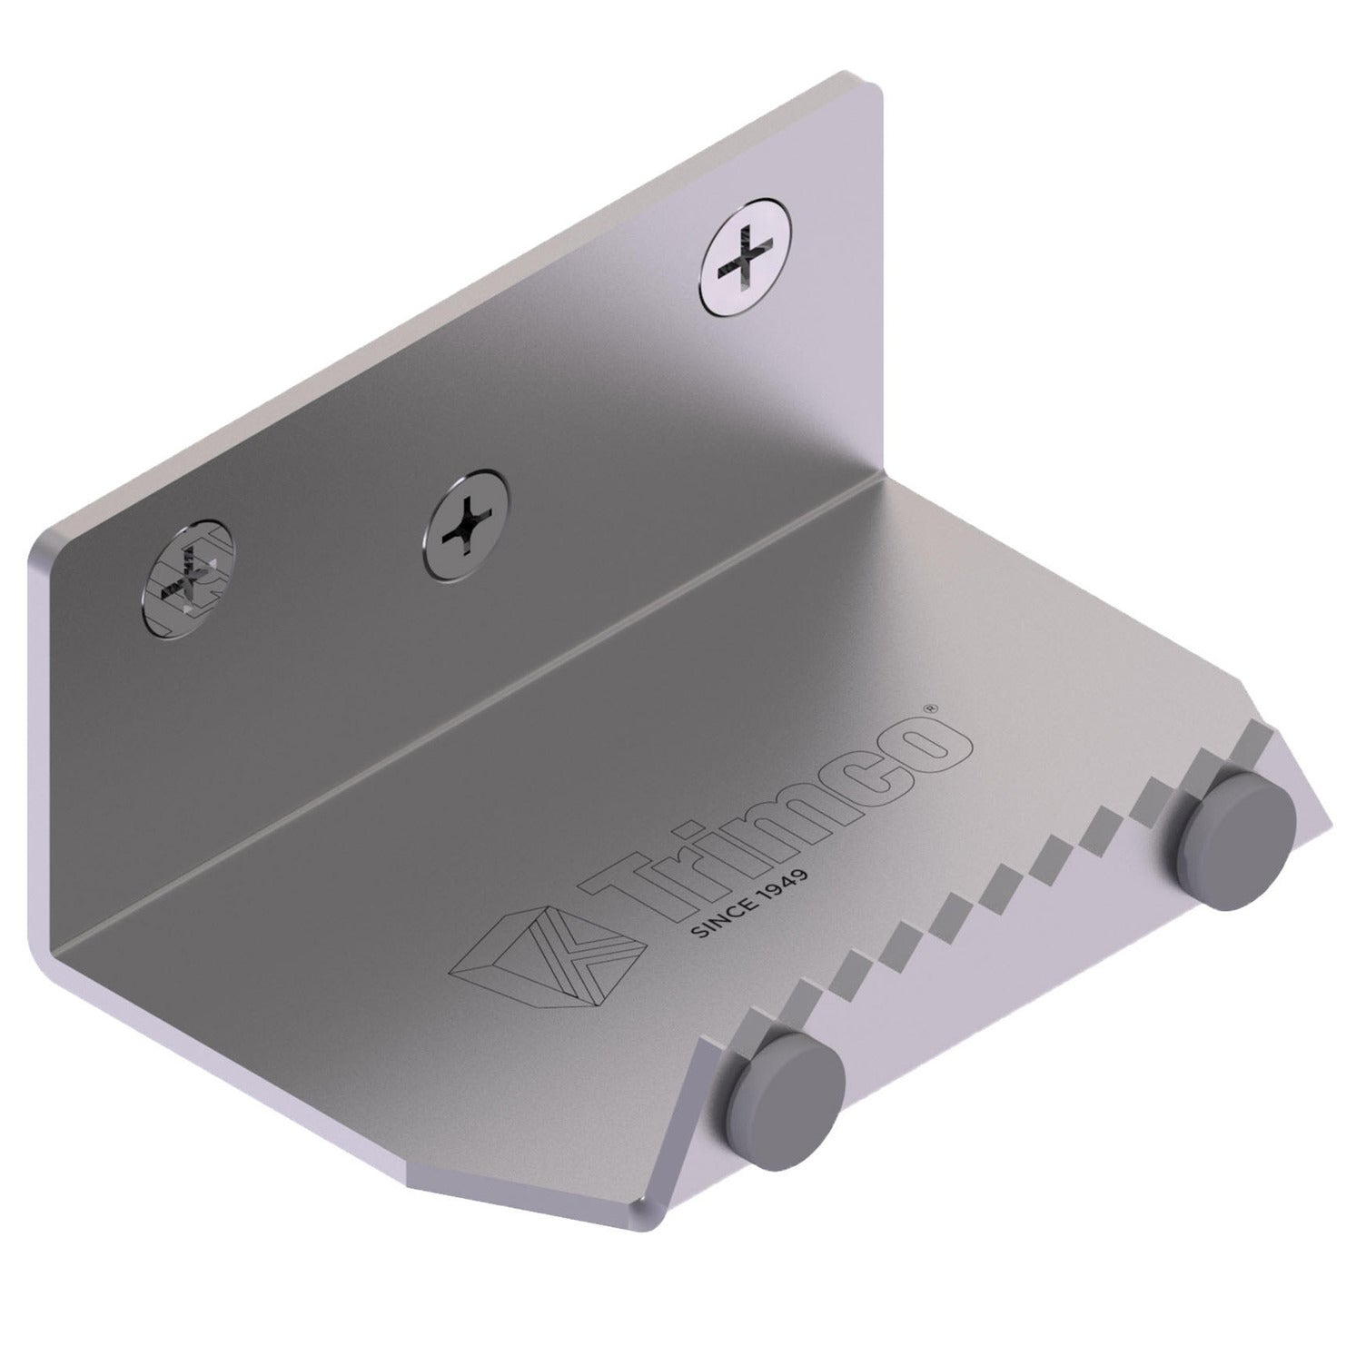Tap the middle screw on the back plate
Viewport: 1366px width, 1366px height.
(466, 526)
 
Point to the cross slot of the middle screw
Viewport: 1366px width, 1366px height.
(466, 526)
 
